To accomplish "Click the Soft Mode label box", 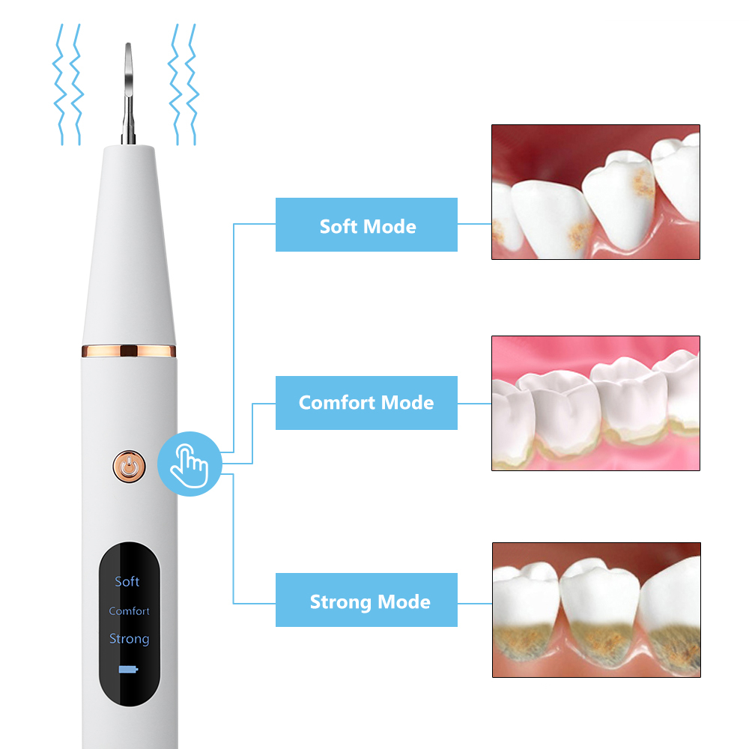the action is (x=366, y=225).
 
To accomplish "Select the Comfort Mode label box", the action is (x=366, y=403).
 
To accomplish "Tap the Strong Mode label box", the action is (x=366, y=600).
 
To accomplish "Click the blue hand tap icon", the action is (x=189, y=464).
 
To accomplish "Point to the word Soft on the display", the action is (x=127, y=581).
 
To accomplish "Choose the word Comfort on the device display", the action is (x=129, y=611).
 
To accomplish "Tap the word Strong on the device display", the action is (x=129, y=639).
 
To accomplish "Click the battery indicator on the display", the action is (x=128, y=669).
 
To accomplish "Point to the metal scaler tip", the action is (x=128, y=93).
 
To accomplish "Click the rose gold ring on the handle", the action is (x=129, y=351).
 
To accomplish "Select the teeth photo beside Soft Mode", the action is (x=595, y=192).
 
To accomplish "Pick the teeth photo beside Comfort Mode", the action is (x=595, y=403).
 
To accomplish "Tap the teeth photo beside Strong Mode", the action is (x=596, y=610).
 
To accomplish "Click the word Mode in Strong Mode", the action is (x=404, y=601).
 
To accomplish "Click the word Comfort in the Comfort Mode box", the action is (x=337, y=403).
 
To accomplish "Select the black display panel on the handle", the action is (x=130, y=624).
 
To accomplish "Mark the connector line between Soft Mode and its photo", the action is (x=474, y=223).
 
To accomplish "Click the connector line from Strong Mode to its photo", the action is (x=475, y=603).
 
